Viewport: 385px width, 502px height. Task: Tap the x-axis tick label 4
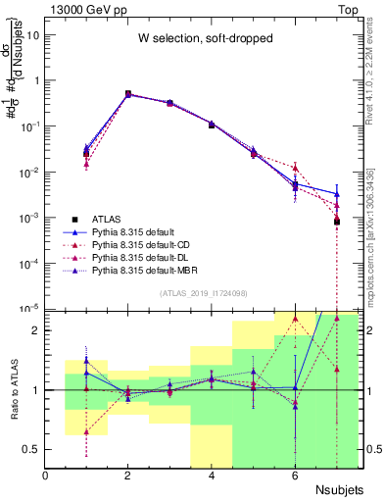click(x=213, y=477)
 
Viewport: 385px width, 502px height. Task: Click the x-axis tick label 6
click(x=295, y=477)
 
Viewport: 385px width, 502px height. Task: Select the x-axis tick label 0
click(x=46, y=477)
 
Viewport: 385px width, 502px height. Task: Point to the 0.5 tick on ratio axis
click(x=32, y=449)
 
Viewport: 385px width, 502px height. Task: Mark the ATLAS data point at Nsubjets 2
click(x=128, y=94)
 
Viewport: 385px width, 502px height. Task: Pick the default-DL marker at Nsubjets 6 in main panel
click(x=295, y=168)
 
